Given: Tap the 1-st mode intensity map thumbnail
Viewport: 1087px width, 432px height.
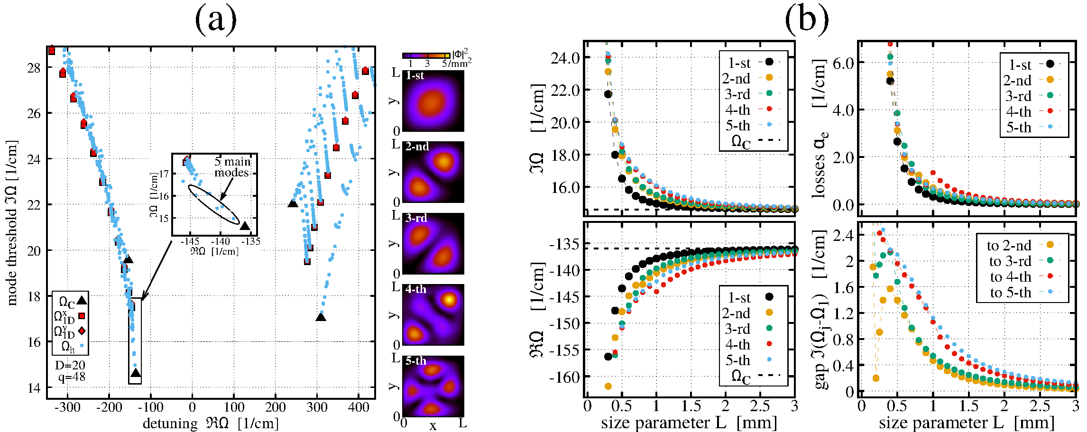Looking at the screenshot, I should [x=433, y=101].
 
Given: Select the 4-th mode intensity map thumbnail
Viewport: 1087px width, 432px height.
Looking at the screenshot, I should [x=433, y=315].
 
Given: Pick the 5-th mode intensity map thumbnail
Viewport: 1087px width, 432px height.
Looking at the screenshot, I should [x=433, y=386].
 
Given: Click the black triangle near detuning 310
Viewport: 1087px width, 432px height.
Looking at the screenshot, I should [x=321, y=317].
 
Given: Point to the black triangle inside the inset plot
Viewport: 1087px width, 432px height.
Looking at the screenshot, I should [x=245, y=226].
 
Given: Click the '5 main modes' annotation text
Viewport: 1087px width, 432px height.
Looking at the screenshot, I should [x=232, y=167].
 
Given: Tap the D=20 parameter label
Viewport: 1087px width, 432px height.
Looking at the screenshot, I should [x=70, y=365].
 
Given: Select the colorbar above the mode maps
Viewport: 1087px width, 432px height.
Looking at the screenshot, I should [x=426, y=56].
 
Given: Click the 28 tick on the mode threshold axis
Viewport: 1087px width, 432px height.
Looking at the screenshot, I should [x=34, y=68].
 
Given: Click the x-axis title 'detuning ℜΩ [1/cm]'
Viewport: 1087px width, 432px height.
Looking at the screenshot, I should [x=211, y=423].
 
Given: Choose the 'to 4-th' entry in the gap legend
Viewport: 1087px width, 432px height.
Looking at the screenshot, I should [x=1010, y=277].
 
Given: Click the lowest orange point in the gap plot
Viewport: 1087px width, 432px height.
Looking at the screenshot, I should [x=876, y=378].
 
